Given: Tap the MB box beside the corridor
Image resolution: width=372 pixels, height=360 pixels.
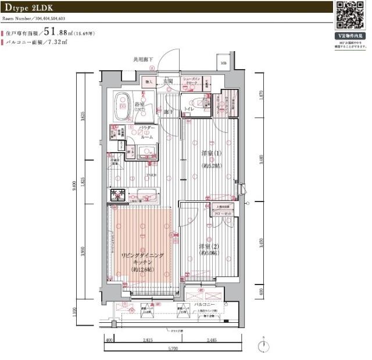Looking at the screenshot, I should [x=223, y=63].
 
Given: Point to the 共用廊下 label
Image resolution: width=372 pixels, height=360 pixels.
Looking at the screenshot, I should [x=143, y=59].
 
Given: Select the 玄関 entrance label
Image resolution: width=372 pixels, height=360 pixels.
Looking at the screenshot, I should [x=169, y=81].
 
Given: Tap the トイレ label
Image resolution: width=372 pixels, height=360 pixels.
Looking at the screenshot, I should [x=188, y=109].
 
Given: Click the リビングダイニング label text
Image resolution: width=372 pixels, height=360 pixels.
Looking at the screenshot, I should [x=142, y=256].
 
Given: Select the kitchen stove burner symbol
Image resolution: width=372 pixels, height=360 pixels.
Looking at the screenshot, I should [x=116, y=196].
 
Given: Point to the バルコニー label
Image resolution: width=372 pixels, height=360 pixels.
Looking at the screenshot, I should [x=206, y=304].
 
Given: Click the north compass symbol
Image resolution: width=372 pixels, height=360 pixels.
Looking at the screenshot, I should [x=266, y=345].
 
